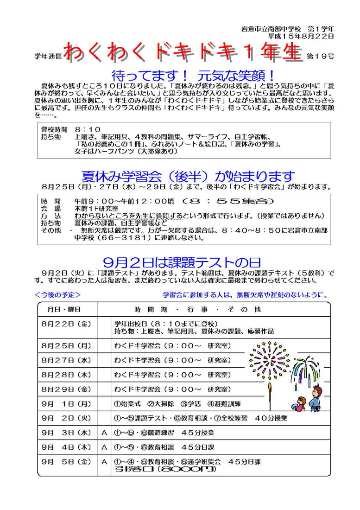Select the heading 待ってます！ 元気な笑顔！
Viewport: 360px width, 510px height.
[194, 75]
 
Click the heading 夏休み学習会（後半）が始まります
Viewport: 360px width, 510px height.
[188, 177]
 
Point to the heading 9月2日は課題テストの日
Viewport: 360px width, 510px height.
[182, 262]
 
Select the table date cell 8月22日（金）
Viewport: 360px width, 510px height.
[66, 324]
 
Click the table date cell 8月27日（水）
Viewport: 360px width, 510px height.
[66, 360]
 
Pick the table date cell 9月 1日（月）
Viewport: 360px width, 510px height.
[66, 404]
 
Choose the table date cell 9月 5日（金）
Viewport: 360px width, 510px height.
[66, 462]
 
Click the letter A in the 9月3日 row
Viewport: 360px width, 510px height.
[105, 433]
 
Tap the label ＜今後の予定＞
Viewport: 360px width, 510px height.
[58, 294]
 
